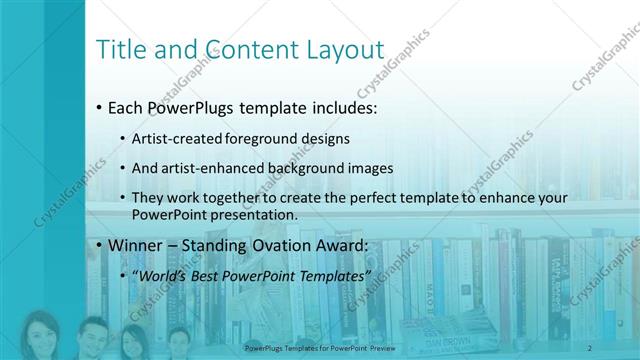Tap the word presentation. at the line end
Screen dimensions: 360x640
pyautogui.click(x=255, y=214)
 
